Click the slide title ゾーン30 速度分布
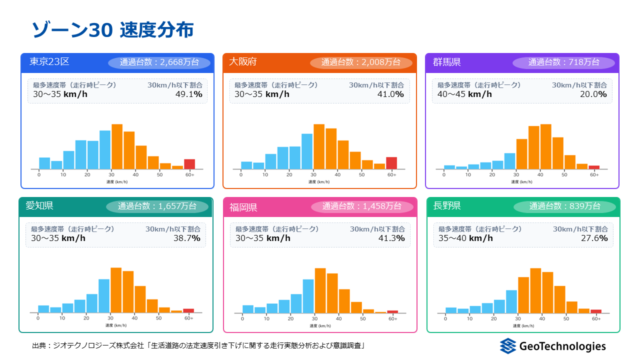(x=112, y=30)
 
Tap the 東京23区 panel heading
(x=49, y=61)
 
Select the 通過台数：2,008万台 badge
(x=361, y=62)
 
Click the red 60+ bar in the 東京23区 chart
(x=189, y=164)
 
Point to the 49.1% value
(x=188, y=94)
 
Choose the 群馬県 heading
(x=446, y=62)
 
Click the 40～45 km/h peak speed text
(x=464, y=94)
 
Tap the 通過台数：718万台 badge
(x=563, y=62)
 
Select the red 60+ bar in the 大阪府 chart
(x=391, y=163)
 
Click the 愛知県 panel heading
(x=39, y=205)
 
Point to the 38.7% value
(x=187, y=238)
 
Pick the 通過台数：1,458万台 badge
(x=362, y=206)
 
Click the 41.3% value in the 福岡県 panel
(x=391, y=238)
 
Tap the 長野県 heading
(x=446, y=205)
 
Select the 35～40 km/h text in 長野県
(x=465, y=238)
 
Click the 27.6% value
(x=594, y=238)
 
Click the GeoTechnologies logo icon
(x=508, y=346)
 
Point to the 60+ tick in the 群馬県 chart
(x=594, y=175)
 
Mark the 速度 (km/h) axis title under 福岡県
(x=320, y=325)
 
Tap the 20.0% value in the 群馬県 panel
(x=593, y=94)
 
